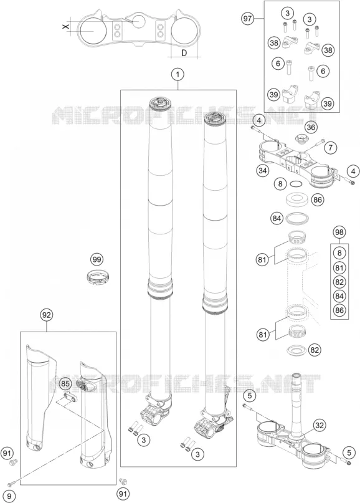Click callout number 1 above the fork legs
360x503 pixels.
tap(178, 74)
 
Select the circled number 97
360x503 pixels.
tap(247, 19)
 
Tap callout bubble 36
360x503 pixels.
tap(310, 127)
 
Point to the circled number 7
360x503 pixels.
tap(331, 148)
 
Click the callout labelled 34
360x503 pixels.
tap(263, 171)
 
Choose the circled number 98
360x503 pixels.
tap(339, 232)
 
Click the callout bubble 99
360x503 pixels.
tap(97, 259)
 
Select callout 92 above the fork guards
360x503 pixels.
tap(47, 315)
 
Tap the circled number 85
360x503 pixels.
tap(65, 383)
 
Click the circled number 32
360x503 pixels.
tap(319, 425)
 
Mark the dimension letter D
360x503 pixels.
tap(184, 53)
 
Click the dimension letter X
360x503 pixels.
tap(66, 27)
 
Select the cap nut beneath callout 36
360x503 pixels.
tap(300, 139)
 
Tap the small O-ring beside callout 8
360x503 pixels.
tap(296, 184)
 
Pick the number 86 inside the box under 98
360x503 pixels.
tap(339, 310)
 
